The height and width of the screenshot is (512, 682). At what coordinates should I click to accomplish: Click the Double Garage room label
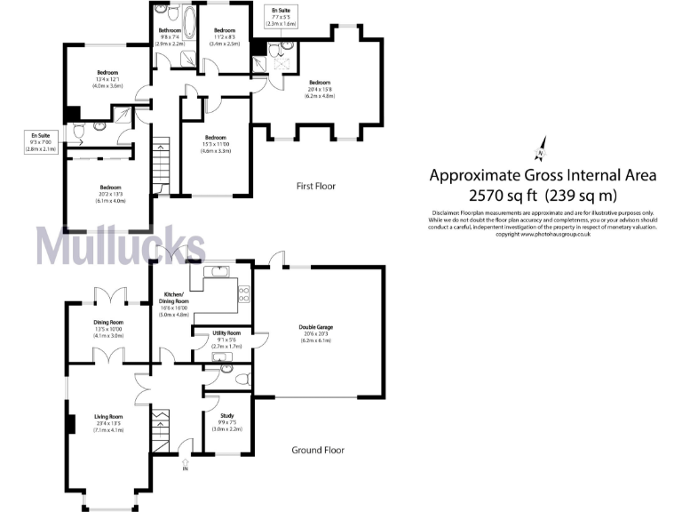point(315,327)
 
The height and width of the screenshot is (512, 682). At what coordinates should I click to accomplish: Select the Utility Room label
point(226,332)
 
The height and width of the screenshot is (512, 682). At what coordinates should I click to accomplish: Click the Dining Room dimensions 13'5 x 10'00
point(108,330)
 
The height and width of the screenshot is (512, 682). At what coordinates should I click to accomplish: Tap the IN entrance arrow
point(185,462)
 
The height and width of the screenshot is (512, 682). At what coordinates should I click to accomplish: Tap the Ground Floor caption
point(317,450)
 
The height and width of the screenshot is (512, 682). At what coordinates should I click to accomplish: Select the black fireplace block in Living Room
point(68,422)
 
